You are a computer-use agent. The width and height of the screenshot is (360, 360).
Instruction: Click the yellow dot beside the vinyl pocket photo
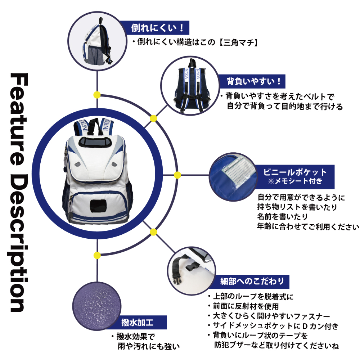tap(177, 175)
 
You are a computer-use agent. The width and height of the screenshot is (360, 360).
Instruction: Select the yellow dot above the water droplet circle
tap(97, 255)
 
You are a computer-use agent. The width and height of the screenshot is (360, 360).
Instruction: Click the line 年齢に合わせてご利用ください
tap(308, 227)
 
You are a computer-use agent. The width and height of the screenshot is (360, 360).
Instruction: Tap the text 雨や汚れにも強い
tap(148, 347)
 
